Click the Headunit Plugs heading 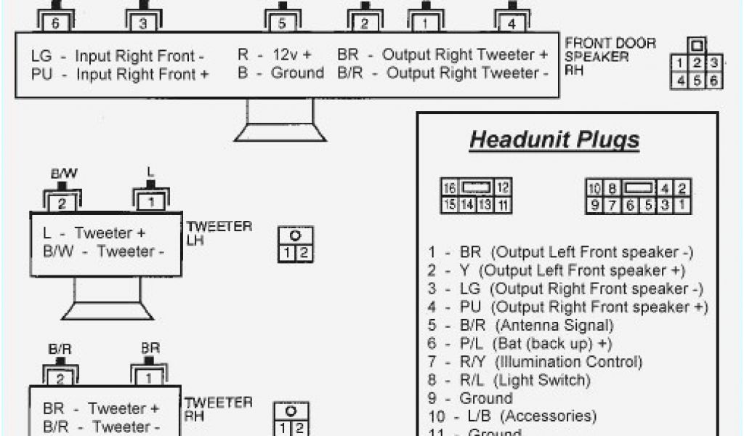(554, 140)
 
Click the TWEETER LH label (219, 233)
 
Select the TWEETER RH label (219, 409)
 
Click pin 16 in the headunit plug (450, 187)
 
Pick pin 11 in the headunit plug (504, 205)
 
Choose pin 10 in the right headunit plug (594, 187)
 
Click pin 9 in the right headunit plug (594, 205)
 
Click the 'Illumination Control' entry (570, 362)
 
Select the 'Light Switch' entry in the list (543, 380)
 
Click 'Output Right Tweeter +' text (465, 54)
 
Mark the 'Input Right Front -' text (140, 56)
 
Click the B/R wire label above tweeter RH (60, 350)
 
